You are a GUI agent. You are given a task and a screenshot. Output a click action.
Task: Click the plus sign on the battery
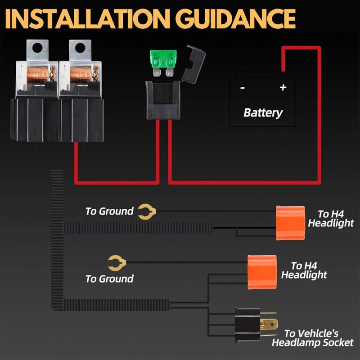click(283, 87)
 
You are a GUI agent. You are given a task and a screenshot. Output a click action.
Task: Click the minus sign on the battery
click(243, 88)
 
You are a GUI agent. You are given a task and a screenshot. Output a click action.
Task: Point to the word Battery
click(263, 112)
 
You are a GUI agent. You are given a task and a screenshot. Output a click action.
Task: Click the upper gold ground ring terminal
click(147, 211)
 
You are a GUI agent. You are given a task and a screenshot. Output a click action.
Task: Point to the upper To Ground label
click(109, 211)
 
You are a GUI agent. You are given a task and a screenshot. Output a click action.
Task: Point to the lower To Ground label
click(109, 279)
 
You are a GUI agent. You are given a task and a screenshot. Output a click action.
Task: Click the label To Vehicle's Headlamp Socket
click(312, 338)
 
